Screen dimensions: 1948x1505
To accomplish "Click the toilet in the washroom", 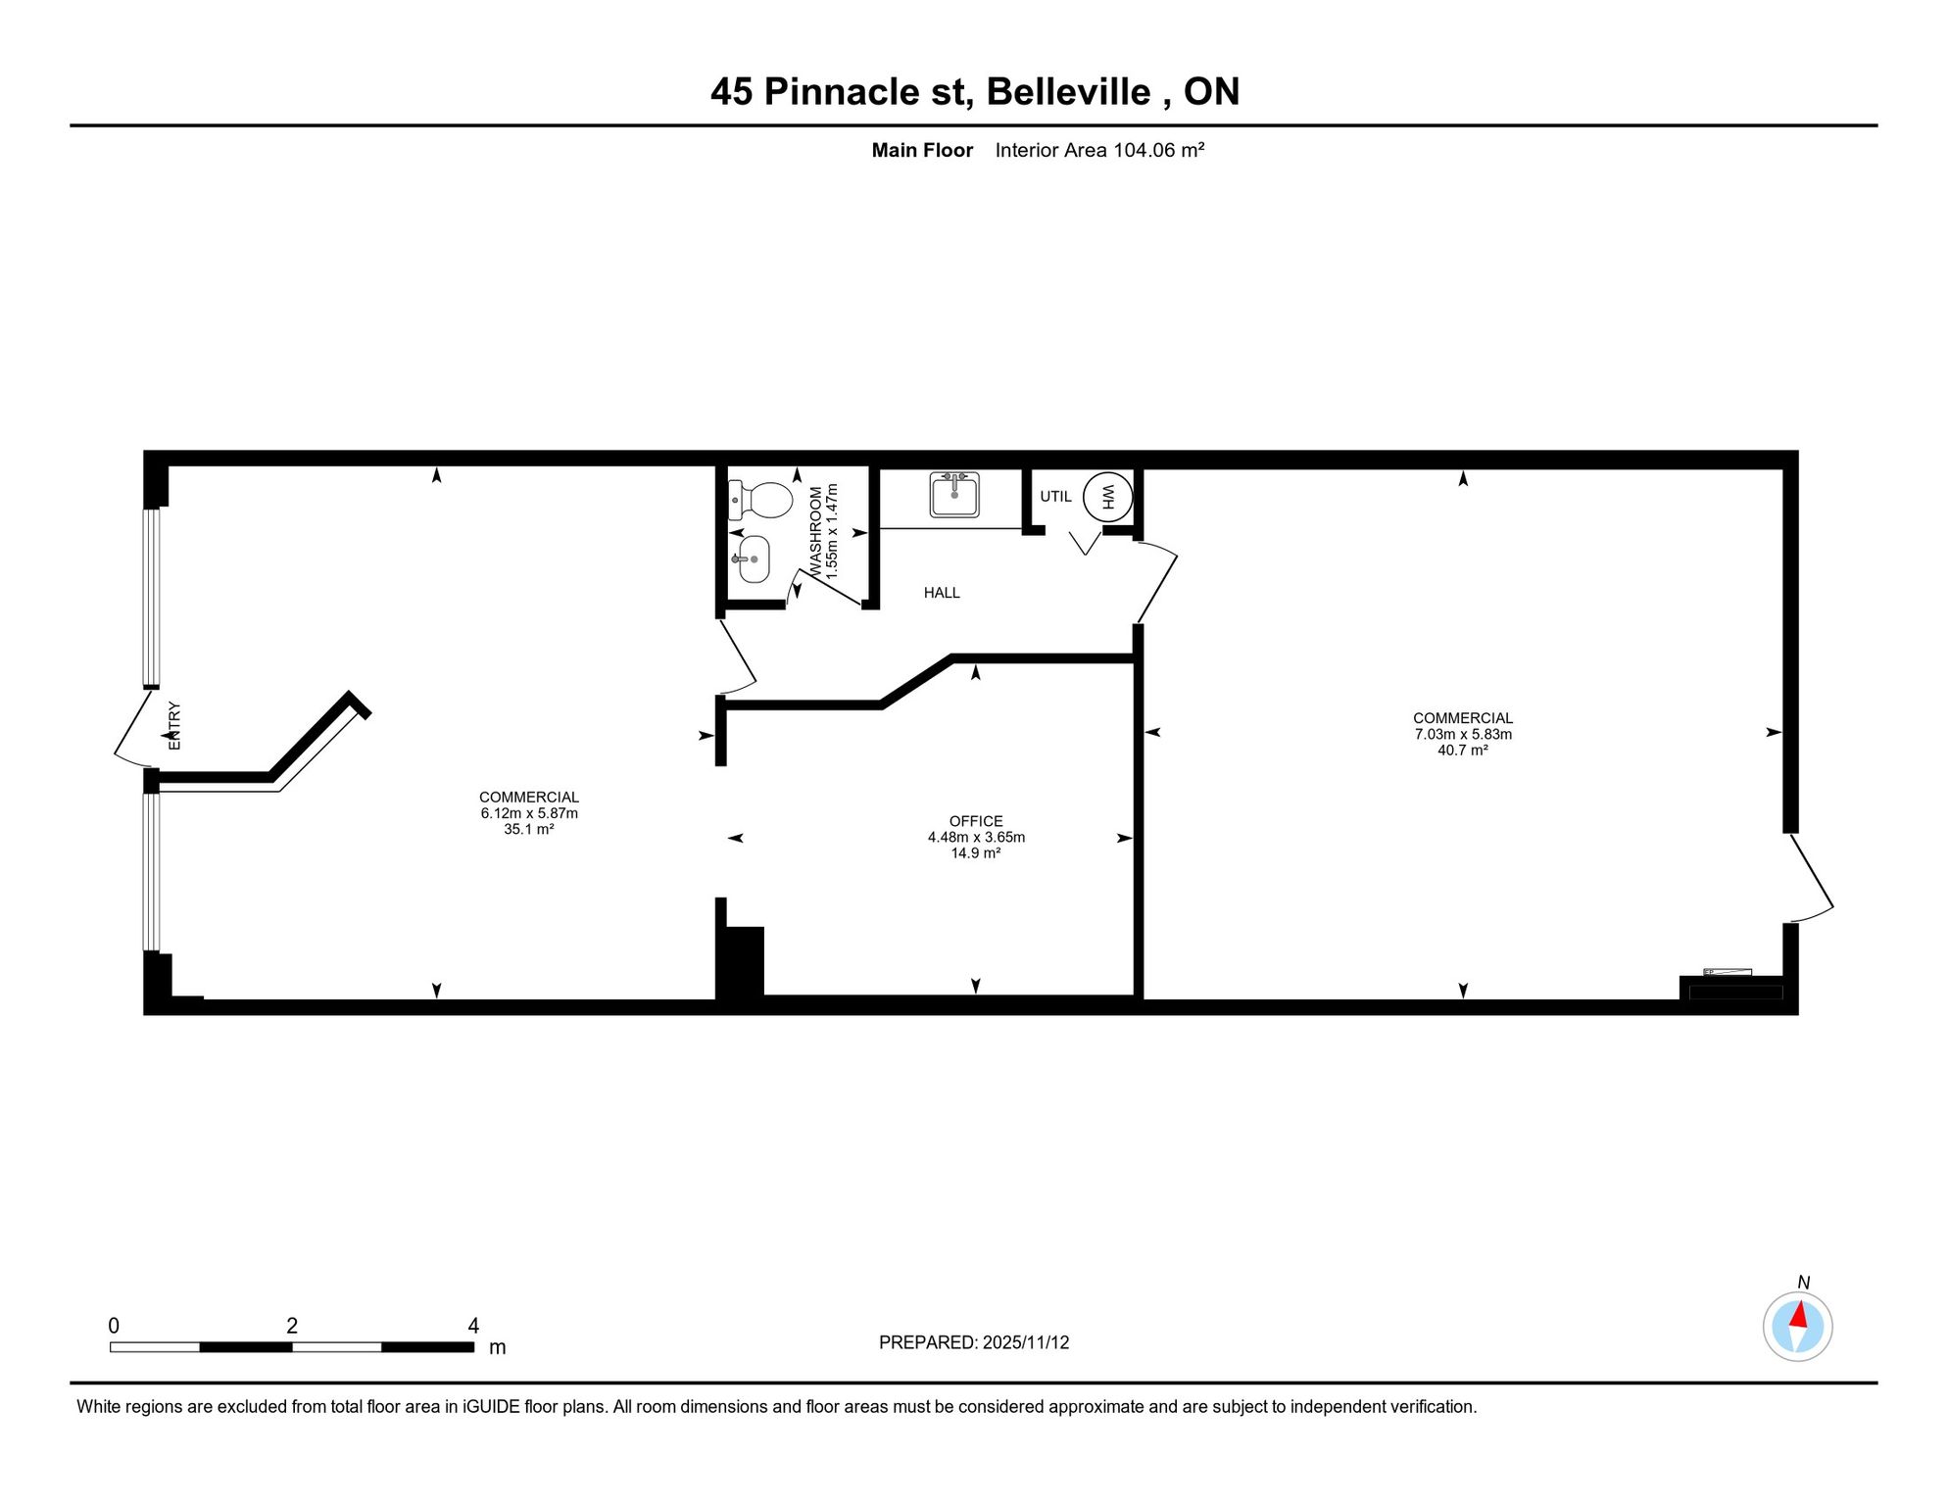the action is pyautogui.click(x=760, y=500).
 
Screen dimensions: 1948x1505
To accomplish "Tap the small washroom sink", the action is pyautogui.click(x=752, y=559).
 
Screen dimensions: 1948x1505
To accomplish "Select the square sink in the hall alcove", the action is pyautogui.click(x=954, y=494).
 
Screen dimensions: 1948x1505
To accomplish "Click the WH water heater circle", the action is pyautogui.click(x=1108, y=497).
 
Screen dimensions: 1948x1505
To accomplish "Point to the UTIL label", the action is pyautogui.click(x=1055, y=497).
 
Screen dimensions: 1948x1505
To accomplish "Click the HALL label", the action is pyautogui.click(x=942, y=593).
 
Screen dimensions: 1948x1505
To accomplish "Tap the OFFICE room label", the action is pyautogui.click(x=976, y=821).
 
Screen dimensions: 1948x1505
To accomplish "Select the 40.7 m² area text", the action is pyautogui.click(x=1463, y=751).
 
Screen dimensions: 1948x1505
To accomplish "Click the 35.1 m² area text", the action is pyautogui.click(x=529, y=830).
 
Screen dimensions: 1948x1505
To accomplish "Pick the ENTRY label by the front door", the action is pyautogui.click(x=174, y=726).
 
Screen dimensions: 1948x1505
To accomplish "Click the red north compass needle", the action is pyautogui.click(x=1799, y=1315).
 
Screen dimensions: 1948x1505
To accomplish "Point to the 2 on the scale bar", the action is pyautogui.click(x=292, y=1326).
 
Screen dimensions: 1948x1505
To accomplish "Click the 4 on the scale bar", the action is pyautogui.click(x=473, y=1326).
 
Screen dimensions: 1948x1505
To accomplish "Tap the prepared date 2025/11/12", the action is pyautogui.click(x=1026, y=1342).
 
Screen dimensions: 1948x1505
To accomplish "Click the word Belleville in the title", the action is pyautogui.click(x=1068, y=92).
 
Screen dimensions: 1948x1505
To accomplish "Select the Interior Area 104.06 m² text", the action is pyautogui.click(x=1099, y=150).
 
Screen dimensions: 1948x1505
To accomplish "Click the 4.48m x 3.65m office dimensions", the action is pyautogui.click(x=976, y=838).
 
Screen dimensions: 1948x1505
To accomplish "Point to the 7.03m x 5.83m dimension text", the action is pyautogui.click(x=1463, y=735).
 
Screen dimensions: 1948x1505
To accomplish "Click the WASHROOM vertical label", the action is pyautogui.click(x=815, y=530).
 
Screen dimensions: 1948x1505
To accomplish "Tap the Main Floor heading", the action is pyautogui.click(x=922, y=150).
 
